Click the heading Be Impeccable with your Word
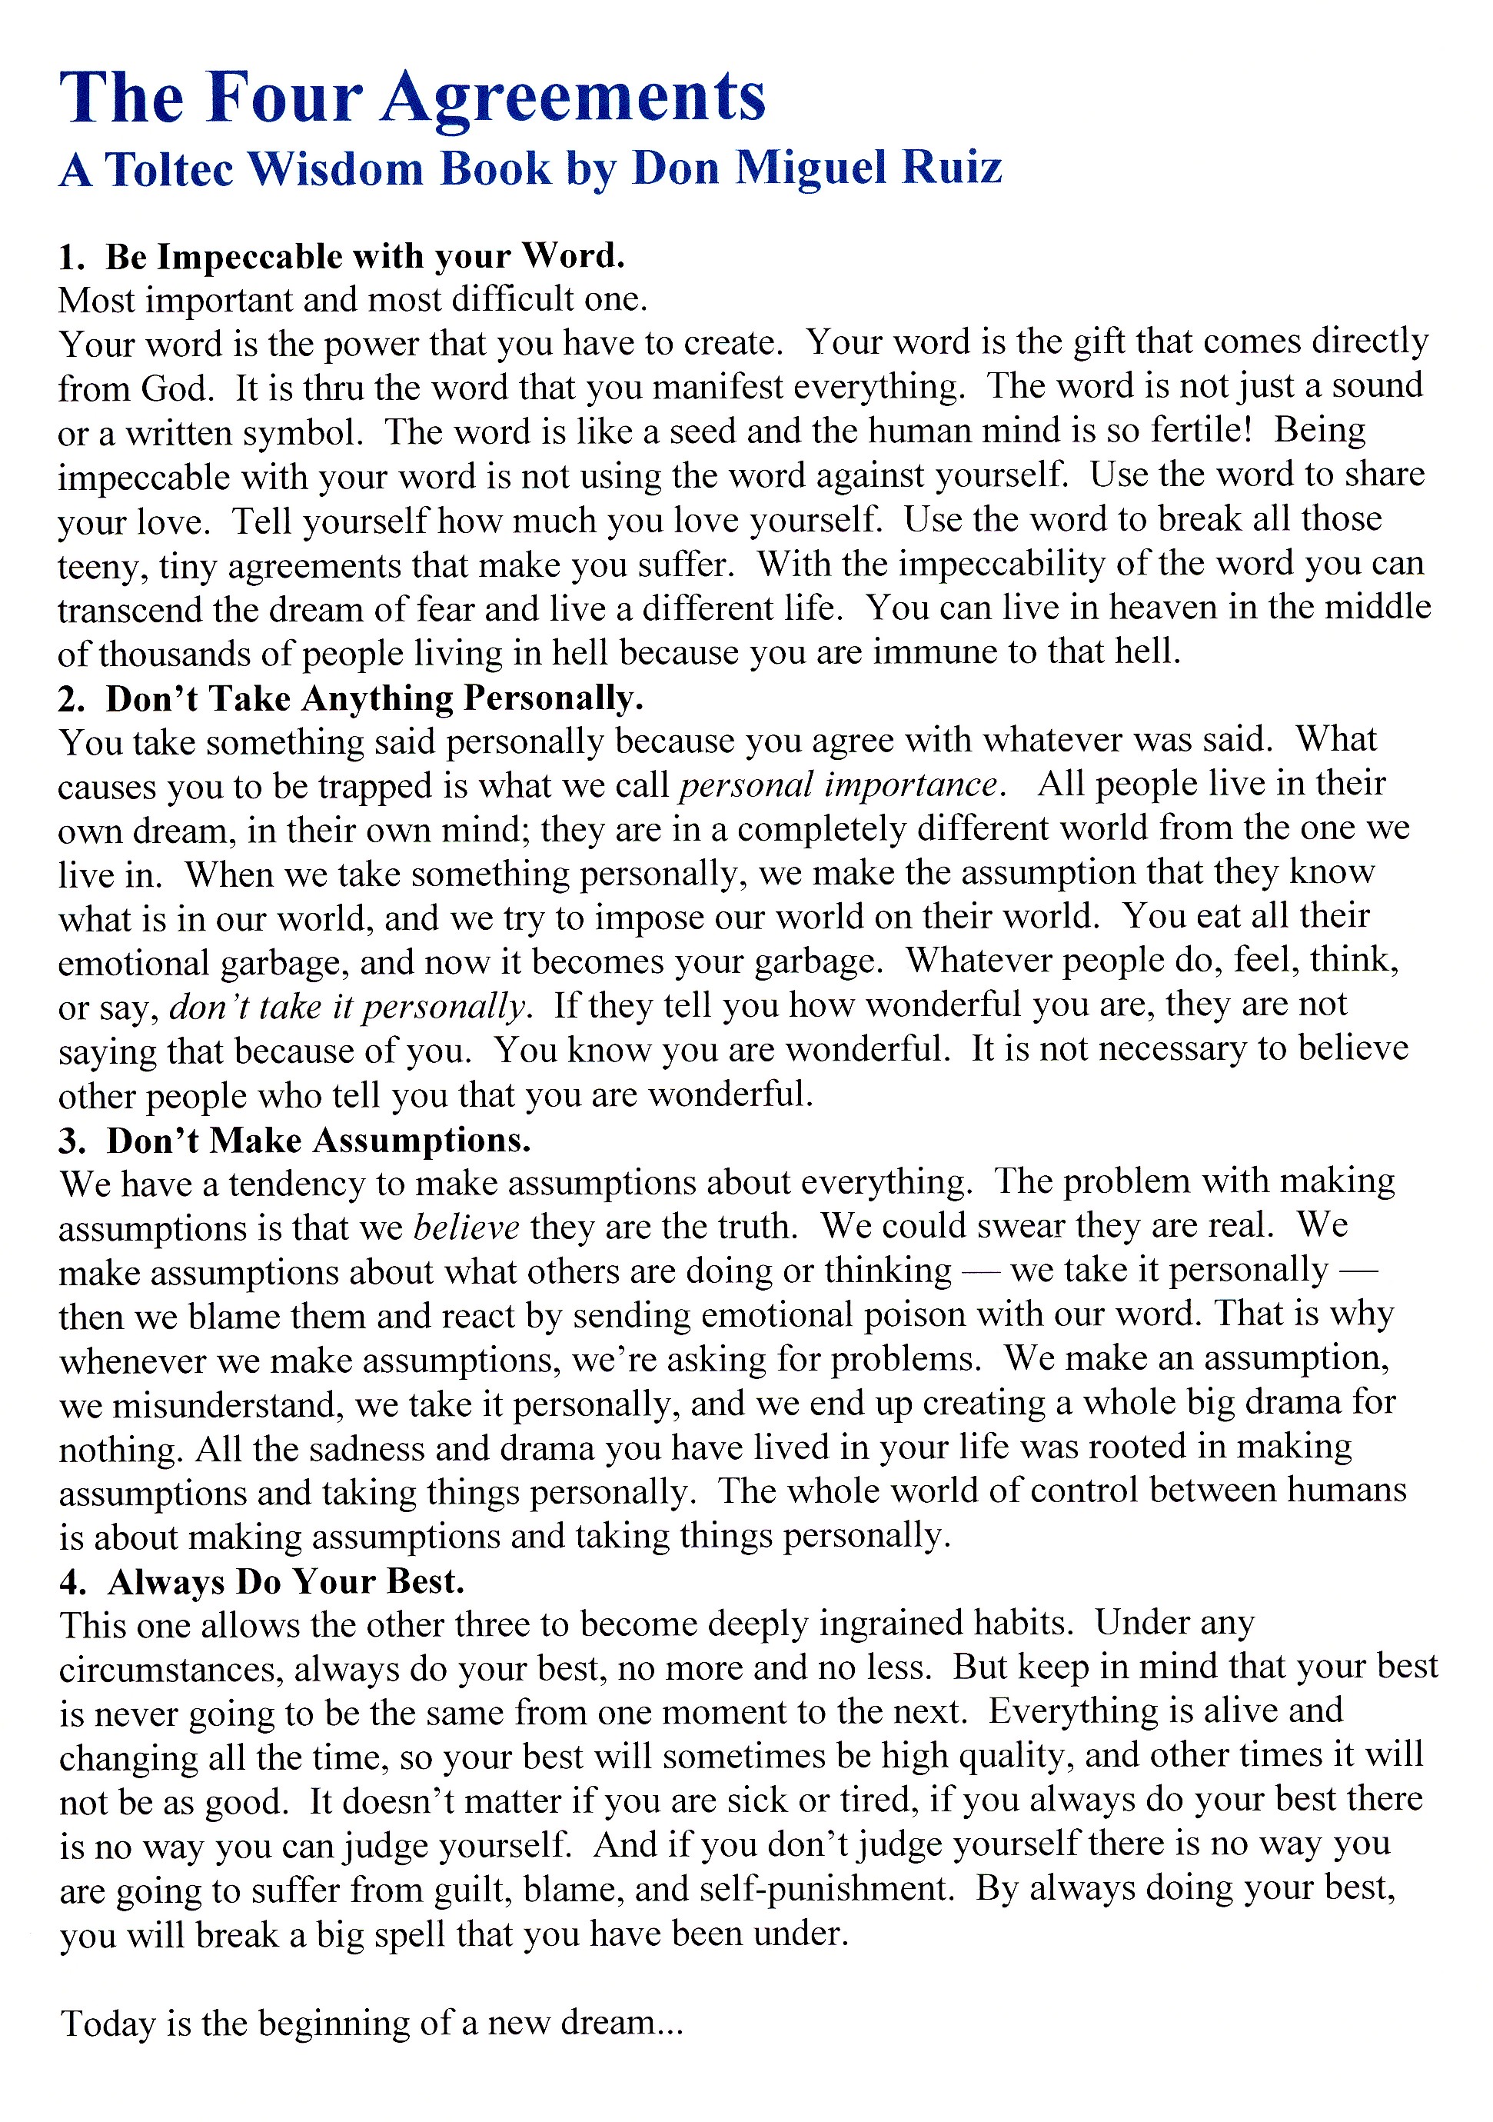pos(365,256)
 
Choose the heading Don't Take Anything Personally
pos(374,698)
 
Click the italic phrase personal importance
pos(839,785)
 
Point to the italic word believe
pos(467,1228)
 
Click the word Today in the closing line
pos(108,2024)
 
